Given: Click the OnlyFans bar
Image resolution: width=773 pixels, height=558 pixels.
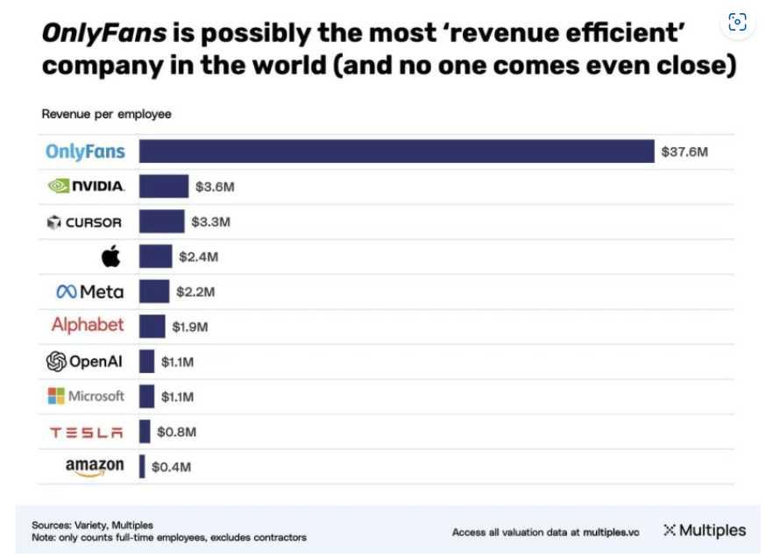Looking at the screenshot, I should [396, 151].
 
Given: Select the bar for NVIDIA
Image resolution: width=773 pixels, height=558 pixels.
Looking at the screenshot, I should [164, 186].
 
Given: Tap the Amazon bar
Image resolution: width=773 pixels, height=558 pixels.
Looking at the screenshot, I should [142, 466].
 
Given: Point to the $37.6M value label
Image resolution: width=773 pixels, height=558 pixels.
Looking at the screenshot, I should [684, 152].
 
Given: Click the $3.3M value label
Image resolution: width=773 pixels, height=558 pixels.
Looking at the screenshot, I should [210, 222].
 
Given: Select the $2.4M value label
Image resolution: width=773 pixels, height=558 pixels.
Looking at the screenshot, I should [198, 257].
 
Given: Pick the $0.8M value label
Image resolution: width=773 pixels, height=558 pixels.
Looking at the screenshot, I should [176, 431].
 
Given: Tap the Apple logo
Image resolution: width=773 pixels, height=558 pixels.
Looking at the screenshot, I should [110, 256].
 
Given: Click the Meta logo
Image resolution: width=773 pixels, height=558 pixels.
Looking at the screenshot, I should [89, 291].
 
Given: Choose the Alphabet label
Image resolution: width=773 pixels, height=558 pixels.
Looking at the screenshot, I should [88, 325].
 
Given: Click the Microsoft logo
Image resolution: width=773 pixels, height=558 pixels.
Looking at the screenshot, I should [86, 396].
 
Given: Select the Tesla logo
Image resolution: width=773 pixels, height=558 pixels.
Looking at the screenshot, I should [87, 432].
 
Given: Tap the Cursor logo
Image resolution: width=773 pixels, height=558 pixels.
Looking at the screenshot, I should [84, 222].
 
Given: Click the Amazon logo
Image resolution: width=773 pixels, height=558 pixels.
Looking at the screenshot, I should [95, 467].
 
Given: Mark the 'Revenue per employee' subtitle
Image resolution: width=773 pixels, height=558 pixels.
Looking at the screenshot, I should [106, 114].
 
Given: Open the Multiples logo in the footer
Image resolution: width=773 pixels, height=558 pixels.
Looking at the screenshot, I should [705, 530].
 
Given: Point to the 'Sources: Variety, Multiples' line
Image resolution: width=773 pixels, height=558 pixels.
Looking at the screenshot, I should [92, 525].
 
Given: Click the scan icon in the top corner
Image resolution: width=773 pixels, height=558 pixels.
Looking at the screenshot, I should [737, 23].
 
